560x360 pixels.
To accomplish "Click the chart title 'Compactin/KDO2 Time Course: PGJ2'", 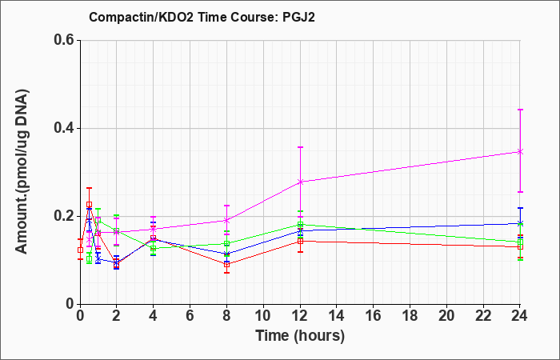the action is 202,17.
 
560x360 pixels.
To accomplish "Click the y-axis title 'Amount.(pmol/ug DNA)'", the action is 22,171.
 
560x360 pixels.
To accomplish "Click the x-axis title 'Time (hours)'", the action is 300,336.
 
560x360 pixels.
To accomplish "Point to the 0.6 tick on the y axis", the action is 66,40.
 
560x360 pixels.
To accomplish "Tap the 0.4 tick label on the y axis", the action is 66,128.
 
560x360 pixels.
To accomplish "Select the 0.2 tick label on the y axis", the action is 66,216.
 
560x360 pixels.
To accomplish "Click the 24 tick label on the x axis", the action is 520,316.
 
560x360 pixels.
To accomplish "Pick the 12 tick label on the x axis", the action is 300,316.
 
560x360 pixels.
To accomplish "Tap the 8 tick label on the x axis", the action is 226,316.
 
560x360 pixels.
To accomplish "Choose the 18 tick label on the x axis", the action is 410,316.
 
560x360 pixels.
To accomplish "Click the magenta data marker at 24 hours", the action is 520,152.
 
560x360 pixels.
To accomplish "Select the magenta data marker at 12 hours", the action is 300,182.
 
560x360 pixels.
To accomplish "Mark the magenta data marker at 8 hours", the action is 226,220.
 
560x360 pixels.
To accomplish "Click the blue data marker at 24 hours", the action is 520,223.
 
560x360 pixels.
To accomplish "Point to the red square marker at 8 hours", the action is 226,265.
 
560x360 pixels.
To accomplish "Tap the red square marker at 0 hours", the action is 80,250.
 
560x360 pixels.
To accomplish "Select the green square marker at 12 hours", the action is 300,225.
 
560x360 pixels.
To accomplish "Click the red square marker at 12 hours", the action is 300,241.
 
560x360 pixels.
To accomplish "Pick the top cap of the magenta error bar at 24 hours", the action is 520,110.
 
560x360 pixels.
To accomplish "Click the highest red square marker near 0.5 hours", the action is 90,205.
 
